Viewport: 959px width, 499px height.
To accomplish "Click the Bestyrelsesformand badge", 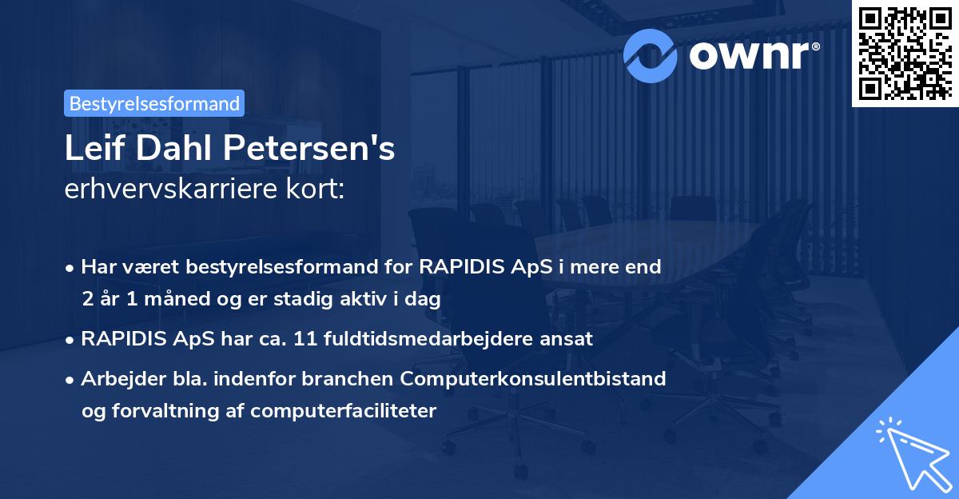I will click(x=154, y=103).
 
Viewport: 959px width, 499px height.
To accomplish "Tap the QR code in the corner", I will click(x=905, y=53).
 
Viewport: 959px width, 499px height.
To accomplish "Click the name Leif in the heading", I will click(x=92, y=150).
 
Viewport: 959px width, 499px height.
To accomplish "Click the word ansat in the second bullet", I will click(x=568, y=338).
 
